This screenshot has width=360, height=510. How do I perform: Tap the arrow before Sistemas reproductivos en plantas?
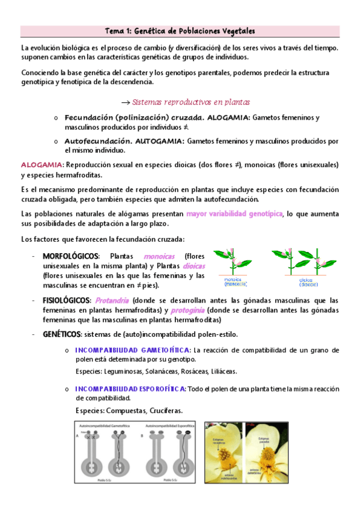tap(126, 102)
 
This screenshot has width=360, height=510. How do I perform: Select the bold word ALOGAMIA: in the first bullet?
tap(229, 118)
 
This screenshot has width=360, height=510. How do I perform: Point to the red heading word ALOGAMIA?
tap(41, 164)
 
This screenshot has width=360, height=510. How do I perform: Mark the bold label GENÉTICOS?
tap(62, 334)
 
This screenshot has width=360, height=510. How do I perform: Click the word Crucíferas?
tap(163, 411)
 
